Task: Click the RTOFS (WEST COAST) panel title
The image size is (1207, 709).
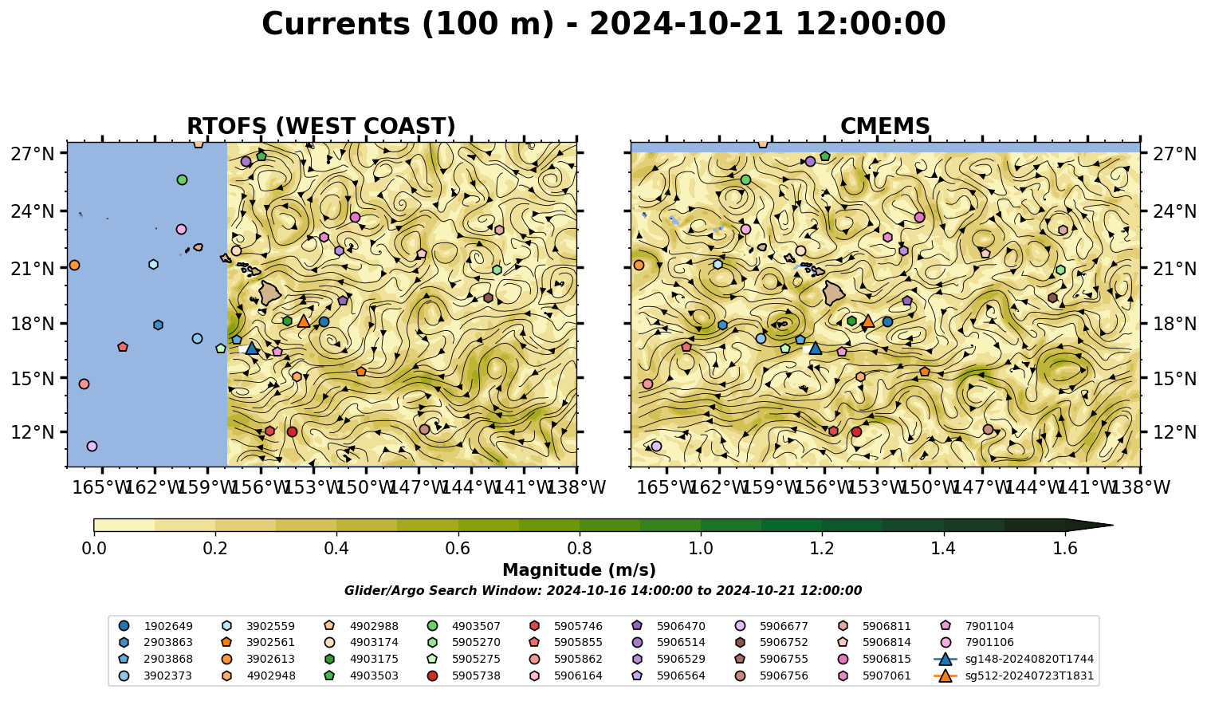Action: pos(321,126)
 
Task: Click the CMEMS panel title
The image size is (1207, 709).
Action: pos(885,126)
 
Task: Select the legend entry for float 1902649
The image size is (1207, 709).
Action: pos(155,626)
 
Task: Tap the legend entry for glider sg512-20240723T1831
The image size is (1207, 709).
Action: pos(1013,676)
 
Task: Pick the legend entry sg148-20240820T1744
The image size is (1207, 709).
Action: pos(1013,659)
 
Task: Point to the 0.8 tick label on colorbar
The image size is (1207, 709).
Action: pos(580,549)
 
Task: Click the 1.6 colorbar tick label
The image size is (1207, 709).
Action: pos(1065,549)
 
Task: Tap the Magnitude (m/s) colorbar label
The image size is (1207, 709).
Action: pos(580,570)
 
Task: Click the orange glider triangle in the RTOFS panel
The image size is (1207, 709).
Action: pos(304,321)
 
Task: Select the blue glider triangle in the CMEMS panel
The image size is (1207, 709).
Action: pos(815,349)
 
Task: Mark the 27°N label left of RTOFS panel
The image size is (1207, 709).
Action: pos(33,154)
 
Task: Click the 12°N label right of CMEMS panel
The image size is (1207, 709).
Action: pos(1174,432)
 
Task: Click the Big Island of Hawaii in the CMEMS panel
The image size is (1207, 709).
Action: pos(835,293)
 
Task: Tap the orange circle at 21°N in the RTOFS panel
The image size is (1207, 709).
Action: pos(74,266)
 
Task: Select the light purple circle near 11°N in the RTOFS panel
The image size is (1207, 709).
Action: pos(92,447)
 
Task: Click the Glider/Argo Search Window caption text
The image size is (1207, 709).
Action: pos(603,590)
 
